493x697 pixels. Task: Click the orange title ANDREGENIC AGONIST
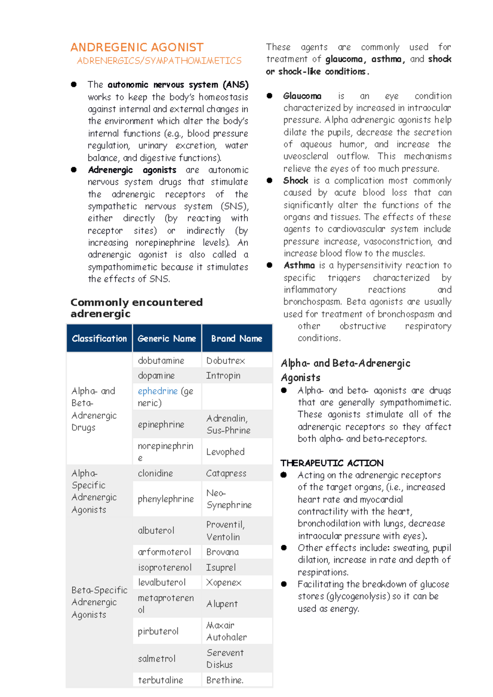(137, 47)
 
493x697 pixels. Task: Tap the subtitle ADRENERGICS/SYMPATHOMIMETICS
(159, 61)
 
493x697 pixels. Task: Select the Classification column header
(99, 338)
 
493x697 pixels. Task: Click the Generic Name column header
(167, 338)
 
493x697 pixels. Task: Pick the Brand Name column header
(237, 338)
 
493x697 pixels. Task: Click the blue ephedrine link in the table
(158, 391)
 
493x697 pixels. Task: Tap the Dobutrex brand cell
(226, 360)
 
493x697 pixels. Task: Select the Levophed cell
(225, 452)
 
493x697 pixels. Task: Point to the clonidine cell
(155, 473)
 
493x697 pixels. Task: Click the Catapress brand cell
(226, 473)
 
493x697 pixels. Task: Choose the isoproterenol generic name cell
(165, 567)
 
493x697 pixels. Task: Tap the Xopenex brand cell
(224, 582)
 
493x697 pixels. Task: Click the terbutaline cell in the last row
(160, 680)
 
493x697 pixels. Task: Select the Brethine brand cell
(225, 680)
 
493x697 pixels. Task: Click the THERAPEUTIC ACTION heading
(332, 463)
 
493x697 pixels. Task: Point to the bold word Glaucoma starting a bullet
(302, 96)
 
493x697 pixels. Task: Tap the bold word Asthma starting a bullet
(299, 265)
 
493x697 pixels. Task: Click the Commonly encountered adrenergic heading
(136, 308)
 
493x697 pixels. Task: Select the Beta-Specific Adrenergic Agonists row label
(99, 602)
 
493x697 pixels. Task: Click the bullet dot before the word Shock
(270, 181)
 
